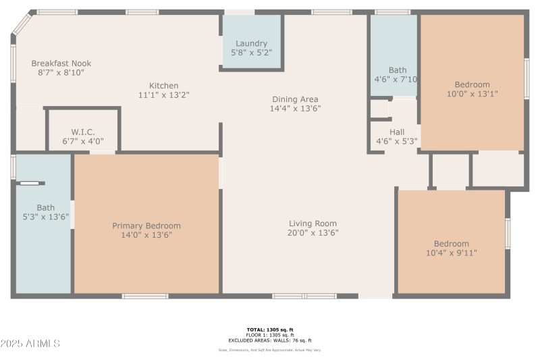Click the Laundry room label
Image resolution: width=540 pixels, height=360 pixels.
click(x=251, y=43)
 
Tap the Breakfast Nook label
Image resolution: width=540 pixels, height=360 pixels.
click(x=61, y=63)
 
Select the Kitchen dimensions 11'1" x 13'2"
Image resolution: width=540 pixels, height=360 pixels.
click(x=164, y=95)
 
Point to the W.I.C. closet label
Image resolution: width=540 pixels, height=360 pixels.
click(x=82, y=132)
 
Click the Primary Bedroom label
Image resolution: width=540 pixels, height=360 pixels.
click(x=146, y=226)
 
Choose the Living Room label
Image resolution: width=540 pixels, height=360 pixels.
click(x=313, y=224)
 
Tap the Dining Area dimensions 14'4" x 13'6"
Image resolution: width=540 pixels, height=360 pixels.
click(x=295, y=109)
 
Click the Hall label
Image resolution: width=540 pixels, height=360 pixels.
click(x=397, y=132)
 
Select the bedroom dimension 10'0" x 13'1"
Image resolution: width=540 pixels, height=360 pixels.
click(x=472, y=94)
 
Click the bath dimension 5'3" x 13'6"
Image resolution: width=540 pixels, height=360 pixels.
click(x=46, y=217)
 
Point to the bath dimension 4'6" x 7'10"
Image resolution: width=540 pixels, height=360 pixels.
click(x=397, y=79)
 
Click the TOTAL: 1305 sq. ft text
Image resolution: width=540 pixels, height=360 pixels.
click(x=269, y=330)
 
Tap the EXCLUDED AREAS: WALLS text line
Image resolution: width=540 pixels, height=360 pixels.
click(x=269, y=340)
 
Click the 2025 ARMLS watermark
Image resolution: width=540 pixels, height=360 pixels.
click(x=30, y=344)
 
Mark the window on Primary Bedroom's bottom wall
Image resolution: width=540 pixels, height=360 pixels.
click(x=145, y=296)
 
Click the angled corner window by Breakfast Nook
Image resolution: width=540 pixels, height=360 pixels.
click(x=20, y=24)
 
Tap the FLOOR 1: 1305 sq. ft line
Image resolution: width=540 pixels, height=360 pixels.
click(x=269, y=335)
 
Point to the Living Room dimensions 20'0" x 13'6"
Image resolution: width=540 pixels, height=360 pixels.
click(x=313, y=233)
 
